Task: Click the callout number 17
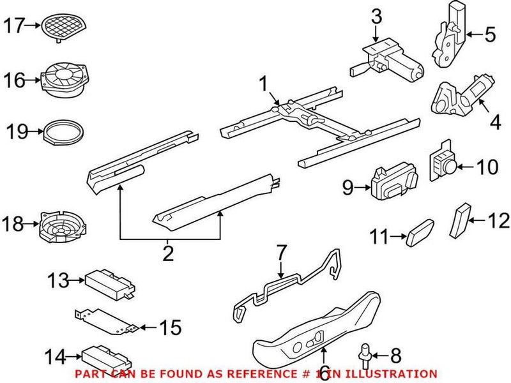click(x=13, y=27)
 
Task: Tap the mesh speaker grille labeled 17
click(x=63, y=26)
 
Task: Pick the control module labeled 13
click(x=109, y=280)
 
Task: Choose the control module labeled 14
click(x=106, y=356)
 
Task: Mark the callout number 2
click(x=168, y=253)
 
